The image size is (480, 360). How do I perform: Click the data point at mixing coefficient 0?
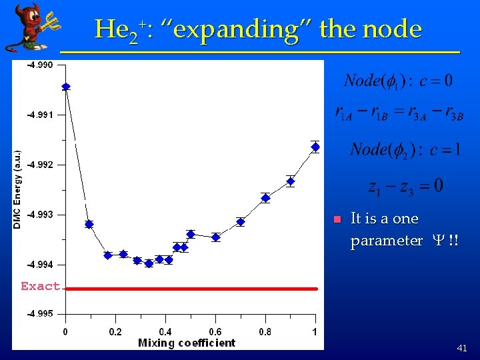pyautogui.click(x=65, y=87)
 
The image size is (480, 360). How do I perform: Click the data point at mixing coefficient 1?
pyautogui.click(x=315, y=147)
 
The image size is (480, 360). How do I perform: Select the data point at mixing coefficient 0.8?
pyautogui.click(x=265, y=198)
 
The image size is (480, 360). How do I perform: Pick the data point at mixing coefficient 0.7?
pyautogui.click(x=241, y=222)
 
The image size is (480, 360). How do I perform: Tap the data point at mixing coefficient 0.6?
pyautogui.click(x=215, y=237)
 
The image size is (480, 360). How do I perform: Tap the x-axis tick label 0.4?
pyautogui.click(x=165, y=332)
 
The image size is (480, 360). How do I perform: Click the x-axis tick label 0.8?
pyautogui.click(x=265, y=332)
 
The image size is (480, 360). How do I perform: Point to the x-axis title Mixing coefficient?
pyautogui.click(x=187, y=343)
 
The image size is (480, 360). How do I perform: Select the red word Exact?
pyautogui.click(x=40, y=287)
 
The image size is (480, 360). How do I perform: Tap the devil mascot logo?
pyautogui.click(x=30, y=27)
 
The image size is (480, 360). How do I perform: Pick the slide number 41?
pyautogui.click(x=462, y=348)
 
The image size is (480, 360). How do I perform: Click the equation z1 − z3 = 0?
pyautogui.click(x=405, y=186)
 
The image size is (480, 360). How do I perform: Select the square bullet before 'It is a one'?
pyautogui.click(x=337, y=219)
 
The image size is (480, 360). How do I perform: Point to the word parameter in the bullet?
pyautogui.click(x=386, y=241)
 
